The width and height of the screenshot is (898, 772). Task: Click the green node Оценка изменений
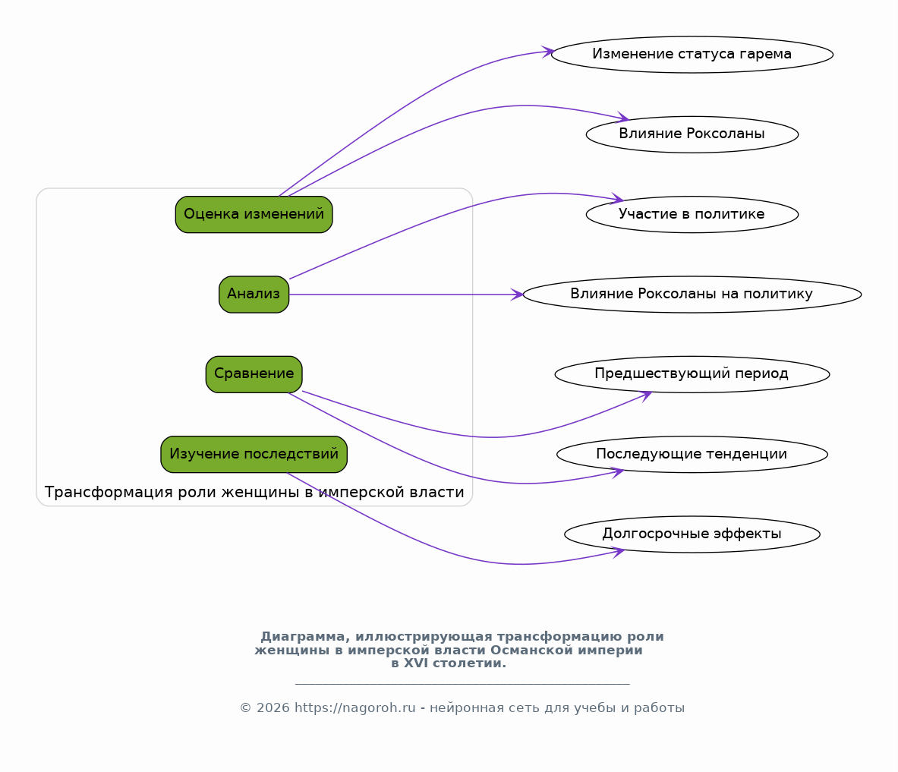pyautogui.click(x=254, y=214)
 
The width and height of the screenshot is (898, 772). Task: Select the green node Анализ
pyautogui.click(x=254, y=295)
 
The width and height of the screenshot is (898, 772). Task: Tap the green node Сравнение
pyautogui.click(x=254, y=374)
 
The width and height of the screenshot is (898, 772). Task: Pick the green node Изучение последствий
pyautogui.click(x=254, y=454)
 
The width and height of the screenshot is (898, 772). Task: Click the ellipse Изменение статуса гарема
pyautogui.click(x=692, y=55)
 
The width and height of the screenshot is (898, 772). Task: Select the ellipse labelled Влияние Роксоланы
pyautogui.click(x=692, y=134)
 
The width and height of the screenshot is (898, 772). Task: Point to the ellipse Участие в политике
pyautogui.click(x=692, y=214)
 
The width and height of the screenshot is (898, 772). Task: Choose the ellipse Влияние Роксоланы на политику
pyautogui.click(x=692, y=295)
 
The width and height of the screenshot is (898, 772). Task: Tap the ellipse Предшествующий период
pyautogui.click(x=692, y=374)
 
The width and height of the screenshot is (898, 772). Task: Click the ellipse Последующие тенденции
pyautogui.click(x=692, y=454)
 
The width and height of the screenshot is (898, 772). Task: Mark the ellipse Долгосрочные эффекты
pyautogui.click(x=692, y=534)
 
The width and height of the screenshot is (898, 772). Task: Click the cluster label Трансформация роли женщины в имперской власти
pyautogui.click(x=254, y=492)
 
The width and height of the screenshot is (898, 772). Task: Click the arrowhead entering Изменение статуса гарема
pyautogui.click(x=548, y=52)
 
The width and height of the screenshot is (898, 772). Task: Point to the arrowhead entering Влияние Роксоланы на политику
pyautogui.click(x=517, y=295)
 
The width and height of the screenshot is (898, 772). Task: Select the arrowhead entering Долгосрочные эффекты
pyautogui.click(x=618, y=552)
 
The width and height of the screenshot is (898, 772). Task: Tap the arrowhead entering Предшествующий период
pyautogui.click(x=646, y=395)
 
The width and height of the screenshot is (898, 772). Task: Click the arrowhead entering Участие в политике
pyautogui.click(x=617, y=199)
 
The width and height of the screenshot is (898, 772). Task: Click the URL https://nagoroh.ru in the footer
pyautogui.click(x=355, y=708)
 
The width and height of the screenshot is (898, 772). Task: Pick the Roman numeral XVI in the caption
pyautogui.click(x=415, y=663)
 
